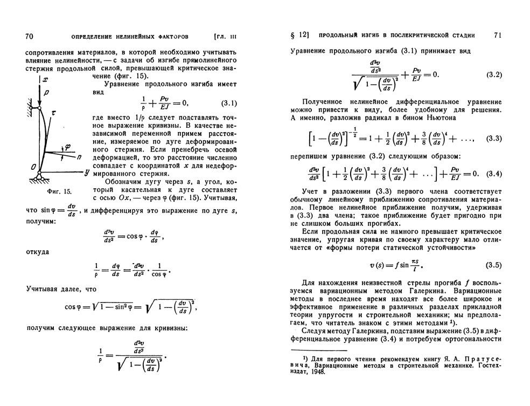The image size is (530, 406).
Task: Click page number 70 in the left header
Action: [x=30, y=36]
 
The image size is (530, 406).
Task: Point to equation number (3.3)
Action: [x=494, y=139]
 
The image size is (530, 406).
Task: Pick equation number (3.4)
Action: [x=493, y=174]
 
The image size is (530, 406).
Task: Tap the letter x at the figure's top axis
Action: [x=46, y=79]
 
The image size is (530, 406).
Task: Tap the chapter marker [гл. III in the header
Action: [x=225, y=37]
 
